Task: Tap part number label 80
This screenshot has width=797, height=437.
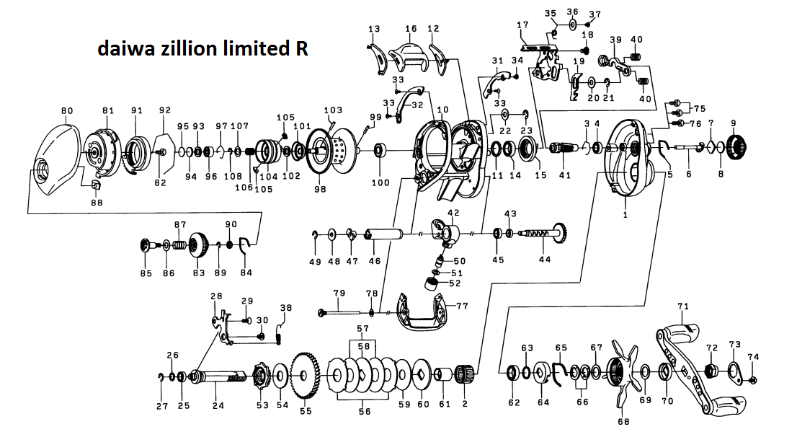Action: click(x=68, y=110)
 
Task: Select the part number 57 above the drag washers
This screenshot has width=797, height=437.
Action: click(x=363, y=329)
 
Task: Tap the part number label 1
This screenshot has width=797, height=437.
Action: click(x=625, y=214)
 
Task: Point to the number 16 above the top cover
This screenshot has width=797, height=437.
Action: click(x=411, y=29)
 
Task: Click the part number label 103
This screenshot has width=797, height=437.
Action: click(x=333, y=110)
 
